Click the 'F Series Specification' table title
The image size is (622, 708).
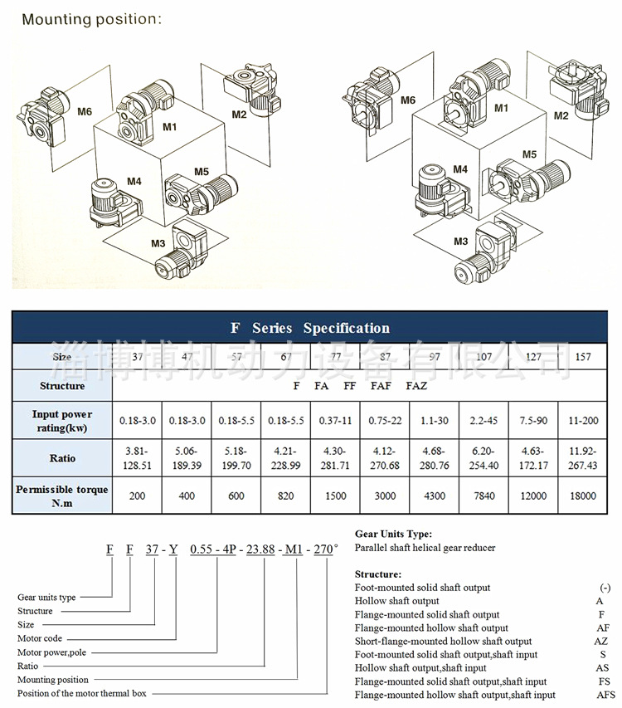pos(309,328)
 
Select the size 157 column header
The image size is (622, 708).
pos(584,357)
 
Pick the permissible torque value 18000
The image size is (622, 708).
pos(584,496)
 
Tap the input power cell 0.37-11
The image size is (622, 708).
pos(336,421)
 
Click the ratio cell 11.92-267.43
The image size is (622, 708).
pos(584,458)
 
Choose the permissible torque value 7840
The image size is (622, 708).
pos(484,496)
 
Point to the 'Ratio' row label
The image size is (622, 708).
pos(62,458)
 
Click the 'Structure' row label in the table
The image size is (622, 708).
pos(62,386)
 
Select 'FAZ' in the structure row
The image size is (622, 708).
pos(416,386)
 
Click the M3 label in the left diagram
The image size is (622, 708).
pos(158,242)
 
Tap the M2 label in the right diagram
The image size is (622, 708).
pos(561,115)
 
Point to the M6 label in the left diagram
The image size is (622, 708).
pos(85,111)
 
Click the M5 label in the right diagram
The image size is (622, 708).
pos(530,154)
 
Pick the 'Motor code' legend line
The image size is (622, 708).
pos(40,638)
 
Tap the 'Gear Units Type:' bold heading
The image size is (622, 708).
pos(393,535)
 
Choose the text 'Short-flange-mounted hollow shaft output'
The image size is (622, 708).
pos(443,641)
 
